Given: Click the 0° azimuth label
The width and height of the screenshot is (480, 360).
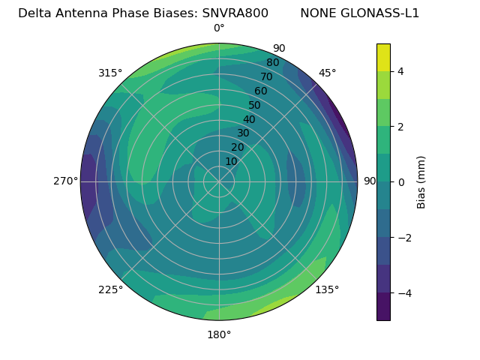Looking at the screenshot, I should [219, 28].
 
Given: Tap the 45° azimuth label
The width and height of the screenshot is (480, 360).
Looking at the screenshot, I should [327, 73].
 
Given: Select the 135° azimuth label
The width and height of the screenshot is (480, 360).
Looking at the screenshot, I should [327, 289].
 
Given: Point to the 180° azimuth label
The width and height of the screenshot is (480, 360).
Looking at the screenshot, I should [219, 334].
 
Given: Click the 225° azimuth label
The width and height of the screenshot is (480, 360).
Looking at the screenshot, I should [110, 289].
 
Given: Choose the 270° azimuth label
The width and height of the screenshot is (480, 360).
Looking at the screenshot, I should [66, 181].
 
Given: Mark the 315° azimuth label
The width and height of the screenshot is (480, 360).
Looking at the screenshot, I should [110, 73].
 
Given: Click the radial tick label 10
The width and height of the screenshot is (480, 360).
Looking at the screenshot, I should [231, 161].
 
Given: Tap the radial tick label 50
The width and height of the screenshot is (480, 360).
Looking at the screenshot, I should [255, 105].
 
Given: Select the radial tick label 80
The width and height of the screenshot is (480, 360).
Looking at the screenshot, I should [272, 62].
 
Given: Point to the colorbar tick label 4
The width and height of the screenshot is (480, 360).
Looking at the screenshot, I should [401, 71].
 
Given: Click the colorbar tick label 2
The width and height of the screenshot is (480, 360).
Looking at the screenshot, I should [401, 127].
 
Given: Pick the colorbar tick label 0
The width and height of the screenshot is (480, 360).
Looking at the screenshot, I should [401, 182].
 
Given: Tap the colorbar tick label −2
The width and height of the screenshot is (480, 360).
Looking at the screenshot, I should [403, 238].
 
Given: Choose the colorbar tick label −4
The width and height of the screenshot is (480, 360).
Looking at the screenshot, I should [403, 293].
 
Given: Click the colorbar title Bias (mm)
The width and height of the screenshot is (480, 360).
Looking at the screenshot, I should [421, 182].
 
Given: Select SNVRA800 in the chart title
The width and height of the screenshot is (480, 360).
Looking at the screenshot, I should [235, 13].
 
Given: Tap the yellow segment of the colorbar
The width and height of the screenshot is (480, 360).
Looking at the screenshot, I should [383, 57].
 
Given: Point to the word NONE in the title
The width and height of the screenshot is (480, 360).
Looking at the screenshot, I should [319, 13].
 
